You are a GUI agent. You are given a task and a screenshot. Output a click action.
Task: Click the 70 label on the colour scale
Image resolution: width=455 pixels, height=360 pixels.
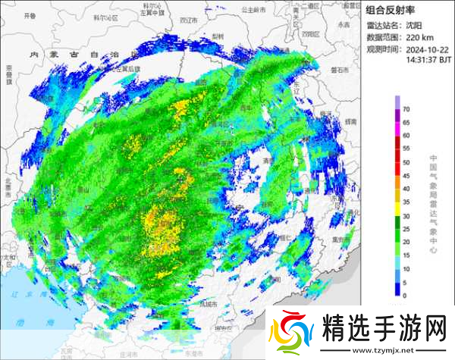coord(406,111)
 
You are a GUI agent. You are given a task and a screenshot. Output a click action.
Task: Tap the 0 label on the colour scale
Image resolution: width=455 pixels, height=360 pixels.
coord(406,295)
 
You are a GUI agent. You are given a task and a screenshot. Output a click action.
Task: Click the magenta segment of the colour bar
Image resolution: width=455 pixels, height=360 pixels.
coord(397,130)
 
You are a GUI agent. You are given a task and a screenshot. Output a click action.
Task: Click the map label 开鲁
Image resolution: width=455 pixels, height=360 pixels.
coord(30,15)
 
